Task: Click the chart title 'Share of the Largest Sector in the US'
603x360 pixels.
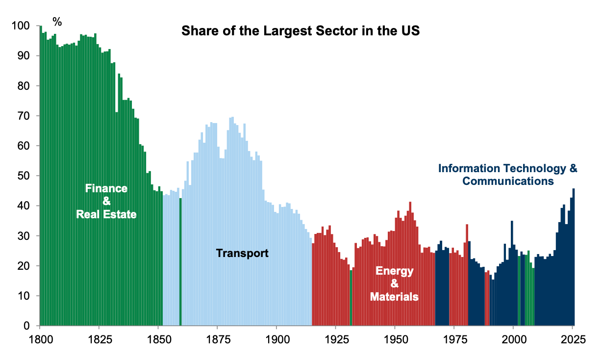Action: pyautogui.click(x=301, y=31)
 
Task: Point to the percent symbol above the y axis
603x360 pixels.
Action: pyautogui.click(x=57, y=22)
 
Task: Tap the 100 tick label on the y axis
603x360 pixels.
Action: pyautogui.click(x=23, y=26)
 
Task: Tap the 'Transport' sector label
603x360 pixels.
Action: pyautogui.click(x=242, y=254)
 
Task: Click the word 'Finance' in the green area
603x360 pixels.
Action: pyautogui.click(x=106, y=188)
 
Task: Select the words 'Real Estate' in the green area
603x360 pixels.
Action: pyautogui.click(x=106, y=214)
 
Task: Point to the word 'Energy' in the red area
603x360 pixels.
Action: pyautogui.click(x=394, y=271)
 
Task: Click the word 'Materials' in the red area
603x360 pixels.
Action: pyautogui.click(x=394, y=297)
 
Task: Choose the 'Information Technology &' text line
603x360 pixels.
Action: pyautogui.click(x=507, y=169)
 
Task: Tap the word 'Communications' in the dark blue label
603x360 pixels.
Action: pyautogui.click(x=508, y=181)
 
